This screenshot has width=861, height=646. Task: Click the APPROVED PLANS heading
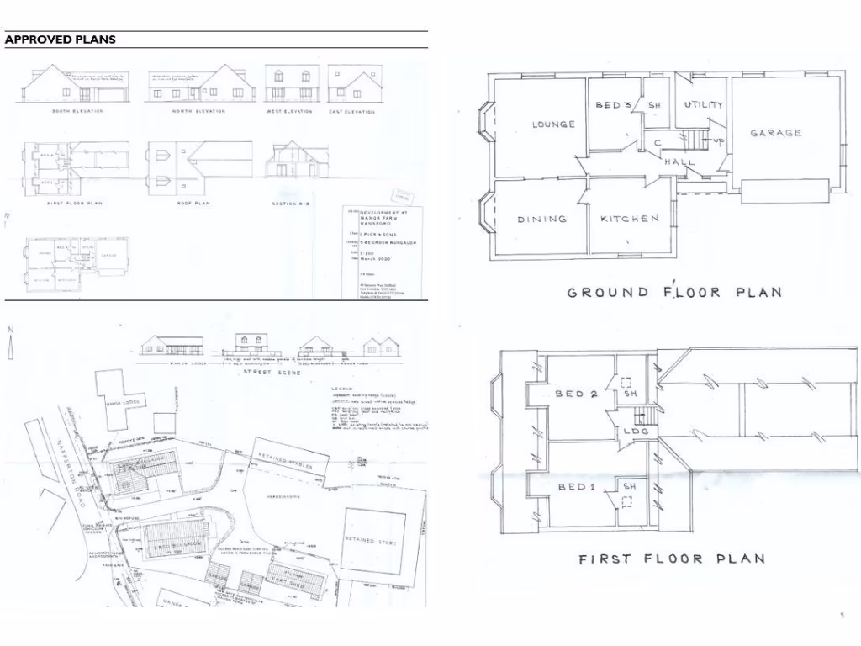tap(60, 40)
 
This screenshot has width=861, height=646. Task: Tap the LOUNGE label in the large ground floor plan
tap(553, 124)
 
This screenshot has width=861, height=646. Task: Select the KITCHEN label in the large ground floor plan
tap(630, 219)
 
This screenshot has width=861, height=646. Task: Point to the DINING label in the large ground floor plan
tap(541, 220)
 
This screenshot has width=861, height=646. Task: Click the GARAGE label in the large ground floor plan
tap(775, 133)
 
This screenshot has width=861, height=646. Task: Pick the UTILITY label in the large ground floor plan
tap(703, 105)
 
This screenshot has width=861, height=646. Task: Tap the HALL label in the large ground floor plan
tap(679, 161)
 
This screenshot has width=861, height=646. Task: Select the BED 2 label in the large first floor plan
tap(576, 394)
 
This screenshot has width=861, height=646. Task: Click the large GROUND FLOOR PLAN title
tap(674, 293)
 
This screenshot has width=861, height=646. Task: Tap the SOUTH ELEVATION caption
tap(78, 111)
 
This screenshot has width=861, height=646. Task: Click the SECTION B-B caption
tap(293, 204)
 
